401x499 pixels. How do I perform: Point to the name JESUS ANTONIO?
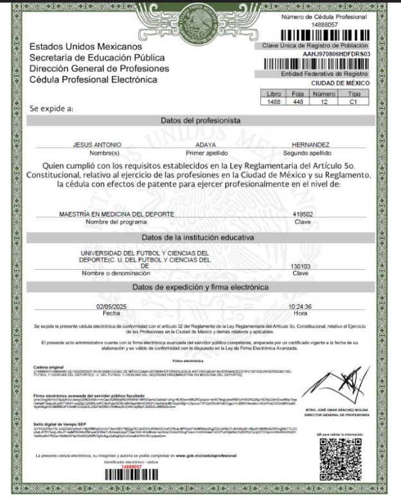coord(98,145)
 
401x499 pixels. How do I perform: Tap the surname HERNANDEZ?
coord(310,145)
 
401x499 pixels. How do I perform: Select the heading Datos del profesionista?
coord(200,120)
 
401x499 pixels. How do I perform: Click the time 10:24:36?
coord(300,306)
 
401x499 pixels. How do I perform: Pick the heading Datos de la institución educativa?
coord(200,238)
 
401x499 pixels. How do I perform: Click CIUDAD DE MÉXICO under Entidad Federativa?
coord(340,83)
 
